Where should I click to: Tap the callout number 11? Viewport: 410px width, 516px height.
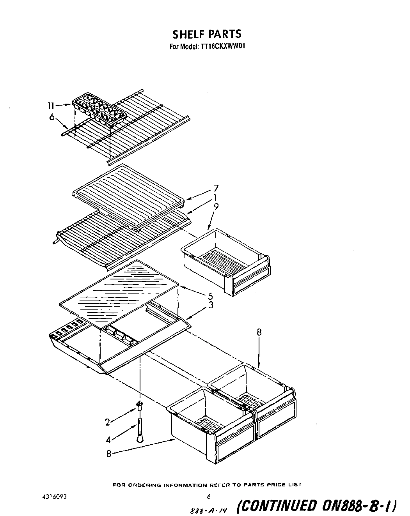[x=51, y=105]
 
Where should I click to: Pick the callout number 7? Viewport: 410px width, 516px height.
[x=216, y=188]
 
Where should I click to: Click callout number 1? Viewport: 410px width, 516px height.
[x=215, y=198]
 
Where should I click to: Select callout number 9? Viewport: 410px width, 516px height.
[x=216, y=207]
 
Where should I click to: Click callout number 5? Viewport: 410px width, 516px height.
[x=210, y=296]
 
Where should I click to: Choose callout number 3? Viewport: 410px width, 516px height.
[x=211, y=305]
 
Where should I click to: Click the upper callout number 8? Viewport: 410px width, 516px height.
[x=259, y=332]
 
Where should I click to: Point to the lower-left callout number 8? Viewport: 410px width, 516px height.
[x=108, y=454]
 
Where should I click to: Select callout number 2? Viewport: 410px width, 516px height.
[x=108, y=422]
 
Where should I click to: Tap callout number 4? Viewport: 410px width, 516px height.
[x=108, y=440]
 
